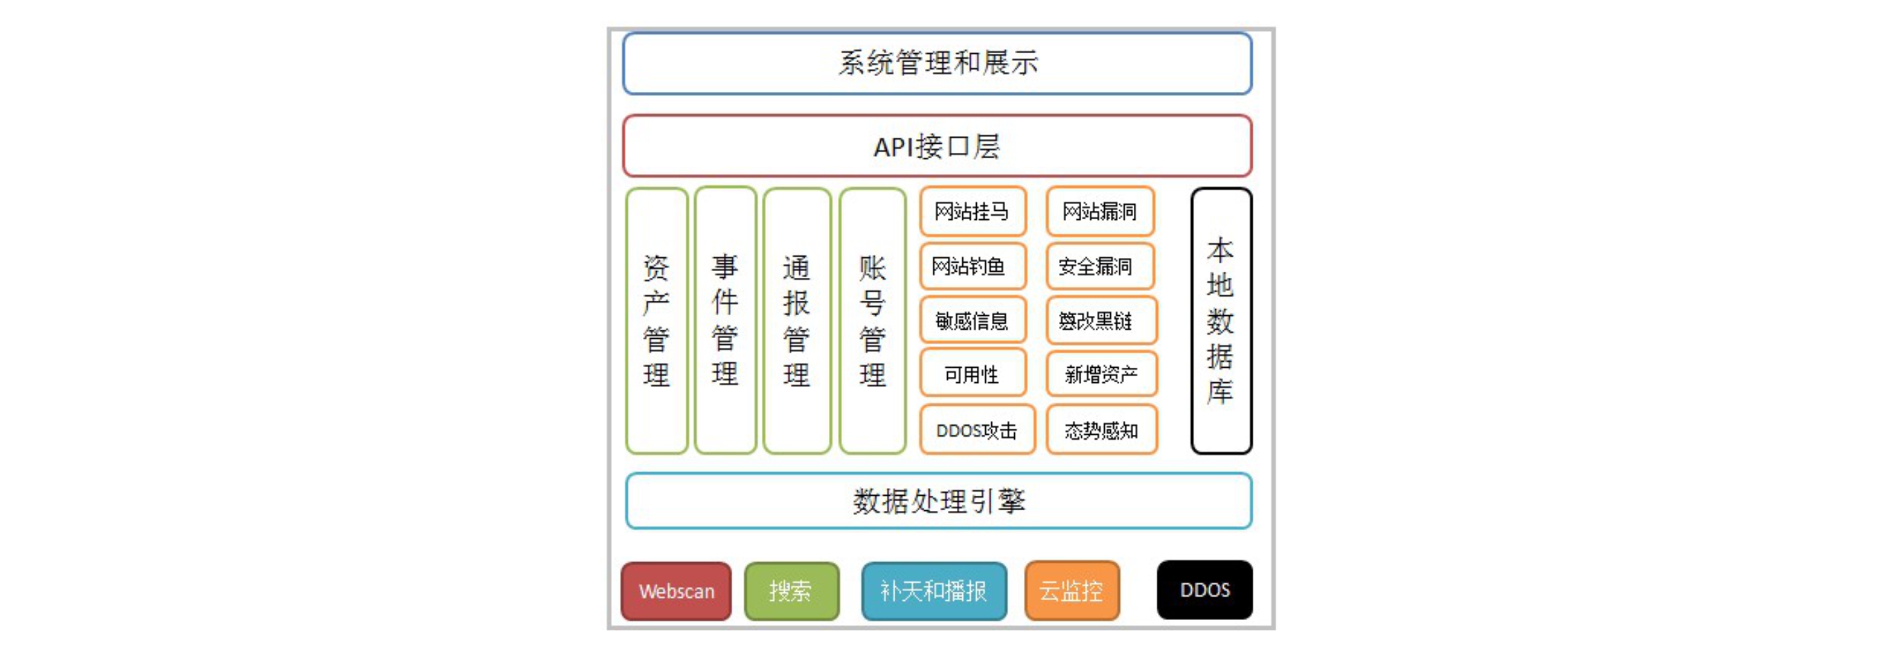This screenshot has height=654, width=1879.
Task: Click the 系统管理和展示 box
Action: coord(937,64)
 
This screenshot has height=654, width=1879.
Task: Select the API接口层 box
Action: coord(937,146)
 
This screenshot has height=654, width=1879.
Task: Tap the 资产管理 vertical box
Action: coord(657,321)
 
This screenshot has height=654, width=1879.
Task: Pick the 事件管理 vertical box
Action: coord(725,321)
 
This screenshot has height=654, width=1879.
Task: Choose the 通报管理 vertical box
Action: coord(796,321)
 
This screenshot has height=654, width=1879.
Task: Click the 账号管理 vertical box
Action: coord(872,321)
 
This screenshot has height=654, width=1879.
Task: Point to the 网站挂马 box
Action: coord(972,212)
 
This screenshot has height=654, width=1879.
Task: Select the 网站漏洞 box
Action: coord(1100,212)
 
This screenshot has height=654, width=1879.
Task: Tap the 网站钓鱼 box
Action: coord(972,266)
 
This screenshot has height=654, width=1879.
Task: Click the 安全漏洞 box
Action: coord(1100,266)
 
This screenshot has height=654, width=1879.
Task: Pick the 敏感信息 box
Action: coord(972,320)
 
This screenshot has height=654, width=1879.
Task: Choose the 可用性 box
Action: coord(972,374)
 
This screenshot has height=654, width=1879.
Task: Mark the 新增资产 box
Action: coord(1101,374)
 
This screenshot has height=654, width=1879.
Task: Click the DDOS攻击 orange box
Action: coord(977,430)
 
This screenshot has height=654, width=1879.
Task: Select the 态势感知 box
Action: coord(1101,430)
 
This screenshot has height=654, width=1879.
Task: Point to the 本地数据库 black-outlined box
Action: coord(1221,321)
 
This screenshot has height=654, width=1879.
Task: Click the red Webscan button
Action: coord(676,590)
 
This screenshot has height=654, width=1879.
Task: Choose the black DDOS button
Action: coord(1204,590)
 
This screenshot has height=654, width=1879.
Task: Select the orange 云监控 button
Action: coord(1072,590)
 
